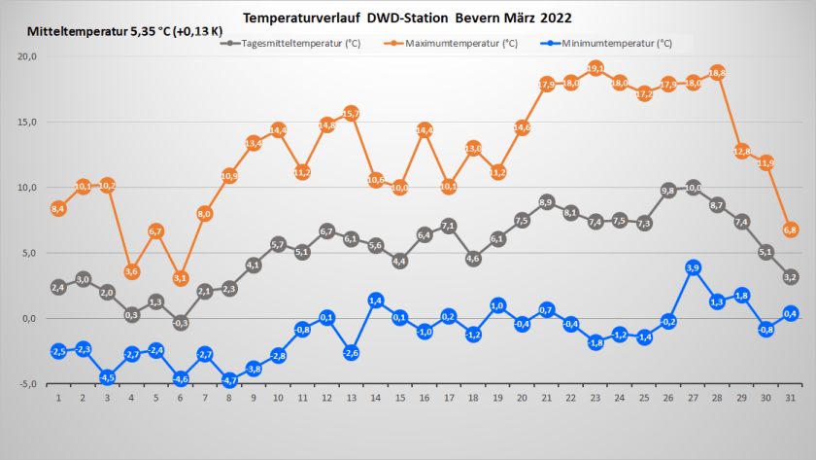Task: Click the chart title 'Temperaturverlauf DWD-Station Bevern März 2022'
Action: click(x=407, y=18)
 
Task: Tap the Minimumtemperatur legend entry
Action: click(x=616, y=44)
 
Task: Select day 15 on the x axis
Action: click(x=399, y=399)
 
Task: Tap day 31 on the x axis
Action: click(x=791, y=399)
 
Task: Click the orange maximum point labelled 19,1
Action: click(x=595, y=68)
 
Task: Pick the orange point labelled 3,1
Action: click(x=180, y=278)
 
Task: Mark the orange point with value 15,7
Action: click(x=351, y=113)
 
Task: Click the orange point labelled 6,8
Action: click(x=791, y=230)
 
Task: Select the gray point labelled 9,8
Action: click(x=668, y=191)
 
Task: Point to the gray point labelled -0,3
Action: click(x=180, y=322)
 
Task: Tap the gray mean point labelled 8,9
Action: click(x=546, y=202)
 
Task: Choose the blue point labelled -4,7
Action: click(x=229, y=380)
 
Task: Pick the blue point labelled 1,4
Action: click(x=376, y=301)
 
